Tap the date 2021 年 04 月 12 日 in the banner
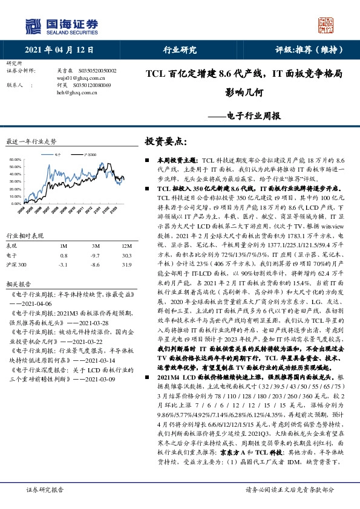59,50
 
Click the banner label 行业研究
180,50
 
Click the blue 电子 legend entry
56,154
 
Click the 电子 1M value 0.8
62,256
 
